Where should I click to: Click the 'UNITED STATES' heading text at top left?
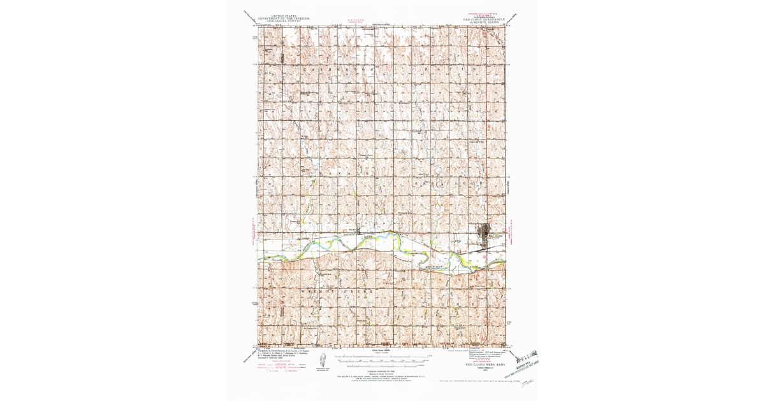(x=284, y=16)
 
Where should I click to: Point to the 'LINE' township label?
(x=456, y=304)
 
